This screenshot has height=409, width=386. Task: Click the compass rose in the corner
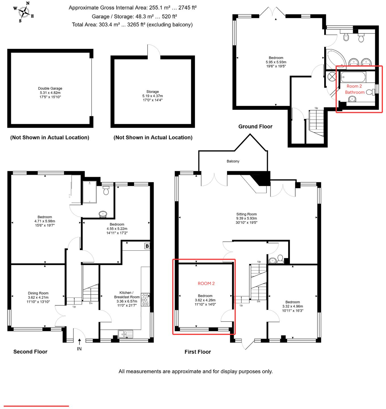click(24, 12)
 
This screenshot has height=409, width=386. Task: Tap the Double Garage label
click(50, 89)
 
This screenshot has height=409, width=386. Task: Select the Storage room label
click(152, 92)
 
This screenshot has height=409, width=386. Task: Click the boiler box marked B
click(147, 246)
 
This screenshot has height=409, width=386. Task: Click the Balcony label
click(233, 161)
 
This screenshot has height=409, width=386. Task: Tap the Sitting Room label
click(246, 214)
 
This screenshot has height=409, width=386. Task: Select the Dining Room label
click(38, 293)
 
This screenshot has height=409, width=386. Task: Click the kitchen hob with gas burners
click(145, 299)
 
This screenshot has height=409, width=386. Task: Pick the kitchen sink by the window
click(126, 334)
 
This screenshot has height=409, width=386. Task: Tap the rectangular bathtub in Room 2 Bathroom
click(353, 77)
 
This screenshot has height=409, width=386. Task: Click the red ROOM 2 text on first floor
click(206, 283)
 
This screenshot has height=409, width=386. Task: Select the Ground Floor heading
click(255, 127)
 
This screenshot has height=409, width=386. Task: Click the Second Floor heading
click(30, 352)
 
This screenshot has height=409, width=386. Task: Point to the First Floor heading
click(198, 352)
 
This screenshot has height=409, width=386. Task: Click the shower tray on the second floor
click(90, 192)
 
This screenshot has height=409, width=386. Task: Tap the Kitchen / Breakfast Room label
click(127, 295)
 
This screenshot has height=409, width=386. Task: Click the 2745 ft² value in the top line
click(187, 8)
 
